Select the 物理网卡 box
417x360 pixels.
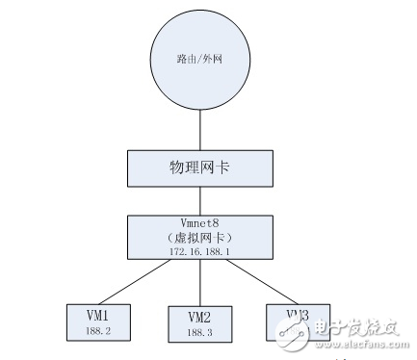[199, 167]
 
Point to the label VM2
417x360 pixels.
[198, 317]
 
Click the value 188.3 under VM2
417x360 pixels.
[198, 333]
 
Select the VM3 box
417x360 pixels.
[297, 321]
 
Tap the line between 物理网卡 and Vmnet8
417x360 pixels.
[199, 199]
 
